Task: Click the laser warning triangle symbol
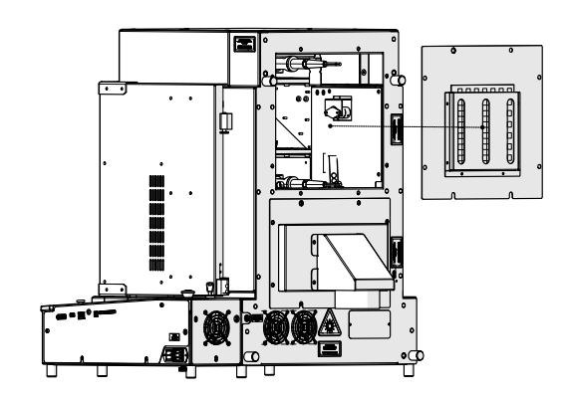point(330,321)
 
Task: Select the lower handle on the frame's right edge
point(397,250)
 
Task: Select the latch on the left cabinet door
point(225,120)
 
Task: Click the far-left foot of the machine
point(51,369)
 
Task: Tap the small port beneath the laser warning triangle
point(328,348)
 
